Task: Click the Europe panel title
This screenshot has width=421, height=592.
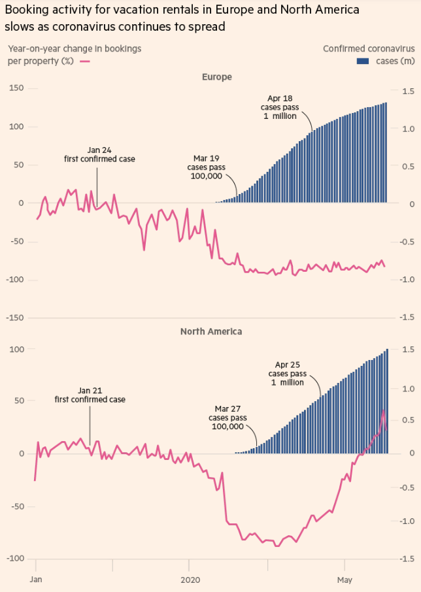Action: (x=216, y=77)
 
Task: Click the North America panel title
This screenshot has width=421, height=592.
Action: (x=211, y=331)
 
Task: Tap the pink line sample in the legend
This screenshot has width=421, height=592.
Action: (x=84, y=61)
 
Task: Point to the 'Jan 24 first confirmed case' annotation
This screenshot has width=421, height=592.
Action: (x=99, y=154)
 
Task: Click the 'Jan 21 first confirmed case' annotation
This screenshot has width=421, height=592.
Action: (x=90, y=395)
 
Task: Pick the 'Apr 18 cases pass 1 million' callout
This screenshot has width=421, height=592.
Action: (x=279, y=107)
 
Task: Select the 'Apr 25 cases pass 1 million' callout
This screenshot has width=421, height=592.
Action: (x=287, y=373)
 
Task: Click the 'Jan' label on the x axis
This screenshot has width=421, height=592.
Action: (x=36, y=580)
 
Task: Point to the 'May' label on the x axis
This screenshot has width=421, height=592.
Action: (x=345, y=580)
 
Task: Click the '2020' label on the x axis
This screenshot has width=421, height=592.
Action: (x=190, y=580)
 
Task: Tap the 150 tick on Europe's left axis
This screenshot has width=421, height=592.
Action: (x=16, y=89)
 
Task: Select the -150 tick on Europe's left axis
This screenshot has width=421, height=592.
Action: (x=14, y=318)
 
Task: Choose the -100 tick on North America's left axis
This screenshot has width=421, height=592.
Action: (x=14, y=559)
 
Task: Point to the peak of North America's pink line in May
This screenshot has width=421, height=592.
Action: (x=384, y=410)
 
